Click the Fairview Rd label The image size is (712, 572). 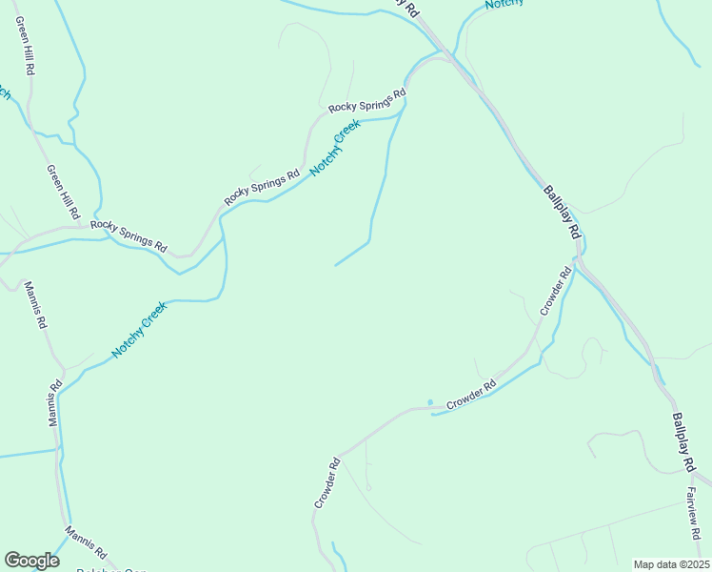[x=692, y=514]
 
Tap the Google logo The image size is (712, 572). [x=31, y=561]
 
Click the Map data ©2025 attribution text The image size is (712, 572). [x=670, y=564]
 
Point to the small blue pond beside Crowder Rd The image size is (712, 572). [x=430, y=401]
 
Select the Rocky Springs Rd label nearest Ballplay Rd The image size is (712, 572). [x=366, y=101]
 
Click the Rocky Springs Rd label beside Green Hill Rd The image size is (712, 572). [x=129, y=235]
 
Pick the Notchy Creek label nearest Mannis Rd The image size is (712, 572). [x=139, y=330]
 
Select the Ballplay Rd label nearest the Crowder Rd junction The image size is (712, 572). [x=562, y=212]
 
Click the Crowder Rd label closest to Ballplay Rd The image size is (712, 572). [x=555, y=292]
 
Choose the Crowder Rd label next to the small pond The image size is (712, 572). [x=471, y=396]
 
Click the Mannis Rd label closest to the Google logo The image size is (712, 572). [x=86, y=541]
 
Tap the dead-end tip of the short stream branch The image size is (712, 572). [x=335, y=265]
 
